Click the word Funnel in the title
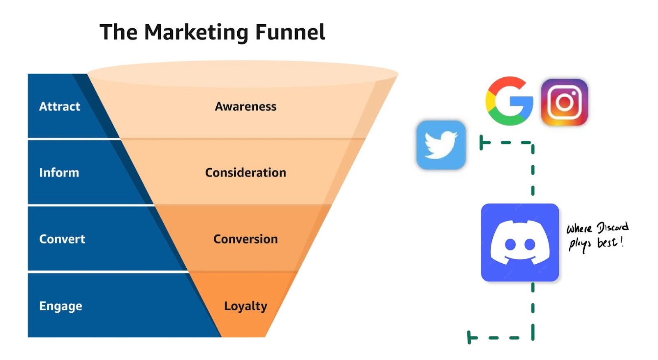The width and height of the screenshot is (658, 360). pos(290,32)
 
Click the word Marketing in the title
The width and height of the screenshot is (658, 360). pos(196,32)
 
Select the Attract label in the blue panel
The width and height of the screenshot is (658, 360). pos(60,107)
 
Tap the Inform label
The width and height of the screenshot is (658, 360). pos(59,172)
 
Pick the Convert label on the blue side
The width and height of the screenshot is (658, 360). pos(62,239)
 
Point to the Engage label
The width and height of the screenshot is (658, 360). pos(60,306)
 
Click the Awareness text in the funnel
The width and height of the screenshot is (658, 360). pos(246,107)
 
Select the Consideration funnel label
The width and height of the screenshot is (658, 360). pos(246,172)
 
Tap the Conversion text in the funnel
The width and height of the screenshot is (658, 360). pos(246,239)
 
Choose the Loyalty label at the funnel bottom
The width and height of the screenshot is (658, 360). pos(246,306)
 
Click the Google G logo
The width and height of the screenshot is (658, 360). pos(509,101)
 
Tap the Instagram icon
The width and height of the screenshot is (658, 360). pos(564,102)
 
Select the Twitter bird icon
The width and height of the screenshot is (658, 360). pos(441,145)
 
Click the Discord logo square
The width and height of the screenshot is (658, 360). pos(520,242)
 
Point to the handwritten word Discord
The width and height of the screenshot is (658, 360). pos(612,227)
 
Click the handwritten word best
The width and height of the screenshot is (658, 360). pos(607,243)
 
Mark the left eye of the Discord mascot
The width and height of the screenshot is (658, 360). pos(510,245)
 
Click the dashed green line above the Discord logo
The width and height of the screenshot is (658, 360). pos(533,169)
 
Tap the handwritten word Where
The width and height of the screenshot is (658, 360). pos(579,228)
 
